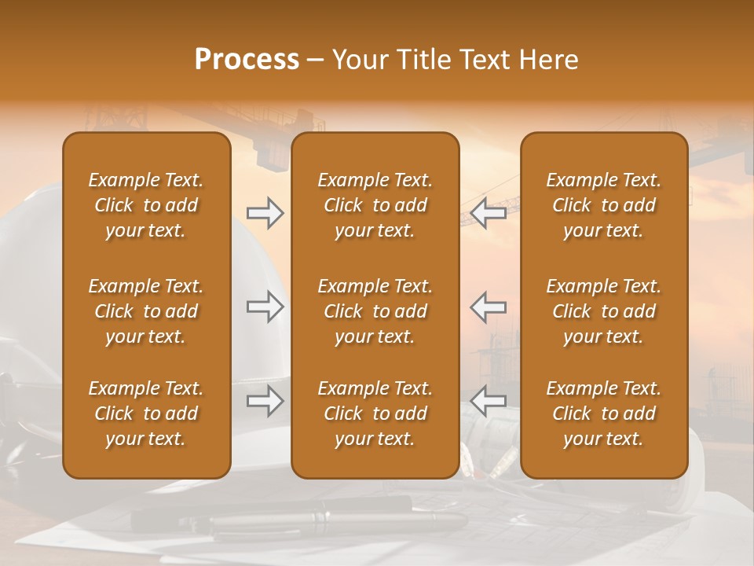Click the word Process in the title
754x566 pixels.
[x=247, y=60]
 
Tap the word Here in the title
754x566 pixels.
[x=547, y=60]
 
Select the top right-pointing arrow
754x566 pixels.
[x=265, y=213]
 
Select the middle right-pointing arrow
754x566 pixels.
[x=265, y=307]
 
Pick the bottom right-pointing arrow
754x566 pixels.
[x=265, y=402]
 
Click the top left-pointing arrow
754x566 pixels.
[x=488, y=213]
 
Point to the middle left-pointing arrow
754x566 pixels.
[x=488, y=307]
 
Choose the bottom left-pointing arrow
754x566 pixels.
[x=488, y=402]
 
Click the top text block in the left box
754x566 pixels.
[x=146, y=205]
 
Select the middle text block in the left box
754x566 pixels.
[x=146, y=311]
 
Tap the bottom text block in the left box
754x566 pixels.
[x=146, y=413]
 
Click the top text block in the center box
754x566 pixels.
[x=375, y=205]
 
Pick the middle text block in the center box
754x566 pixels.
[x=375, y=311]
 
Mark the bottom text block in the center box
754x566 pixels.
[x=375, y=413]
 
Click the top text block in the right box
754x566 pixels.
[x=603, y=205]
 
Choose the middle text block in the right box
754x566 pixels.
[x=603, y=311]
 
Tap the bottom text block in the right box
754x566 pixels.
[x=603, y=413]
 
